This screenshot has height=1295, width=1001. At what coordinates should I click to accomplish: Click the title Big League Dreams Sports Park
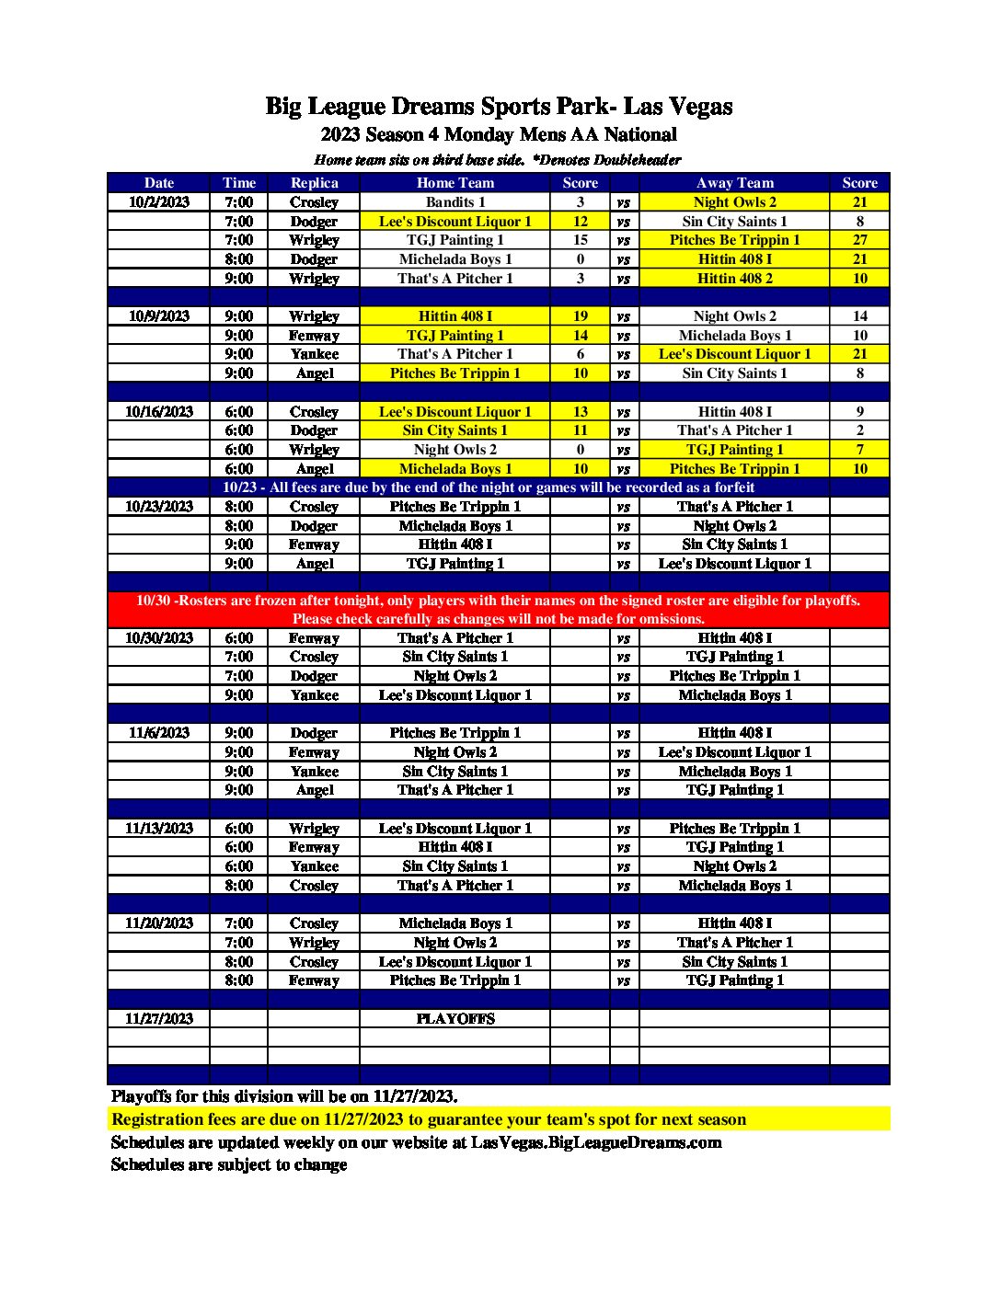499,107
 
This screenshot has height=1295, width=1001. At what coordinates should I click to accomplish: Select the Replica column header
314,183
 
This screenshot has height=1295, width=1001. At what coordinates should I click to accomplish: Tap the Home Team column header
454,183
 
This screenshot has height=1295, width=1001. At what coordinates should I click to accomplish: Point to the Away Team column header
734,183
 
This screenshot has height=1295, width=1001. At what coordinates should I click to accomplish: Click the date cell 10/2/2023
159,202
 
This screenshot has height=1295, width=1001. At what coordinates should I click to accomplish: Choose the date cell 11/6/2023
159,733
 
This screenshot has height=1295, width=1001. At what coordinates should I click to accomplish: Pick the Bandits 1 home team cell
454,202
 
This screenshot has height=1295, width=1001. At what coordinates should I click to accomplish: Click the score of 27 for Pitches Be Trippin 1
859,240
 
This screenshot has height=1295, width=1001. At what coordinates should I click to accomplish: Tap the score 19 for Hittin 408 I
580,316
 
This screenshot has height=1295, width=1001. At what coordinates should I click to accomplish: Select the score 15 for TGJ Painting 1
580,240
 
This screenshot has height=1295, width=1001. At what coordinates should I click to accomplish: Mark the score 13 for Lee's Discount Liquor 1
580,412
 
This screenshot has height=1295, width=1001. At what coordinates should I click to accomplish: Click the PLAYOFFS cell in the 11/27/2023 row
454,1019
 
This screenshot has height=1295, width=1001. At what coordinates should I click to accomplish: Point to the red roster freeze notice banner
498,610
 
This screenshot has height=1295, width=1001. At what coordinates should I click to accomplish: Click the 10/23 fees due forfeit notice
489,487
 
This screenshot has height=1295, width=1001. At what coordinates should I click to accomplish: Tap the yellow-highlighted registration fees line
429,1119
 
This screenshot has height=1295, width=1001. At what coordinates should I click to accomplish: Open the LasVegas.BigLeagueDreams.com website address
596,1142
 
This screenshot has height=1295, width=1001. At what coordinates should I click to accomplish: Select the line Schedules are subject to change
229,1164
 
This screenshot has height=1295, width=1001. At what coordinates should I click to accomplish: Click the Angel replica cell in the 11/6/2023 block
314,790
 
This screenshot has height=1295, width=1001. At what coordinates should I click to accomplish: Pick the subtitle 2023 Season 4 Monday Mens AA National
499,135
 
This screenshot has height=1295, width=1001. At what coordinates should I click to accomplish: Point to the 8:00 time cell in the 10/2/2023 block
238,259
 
